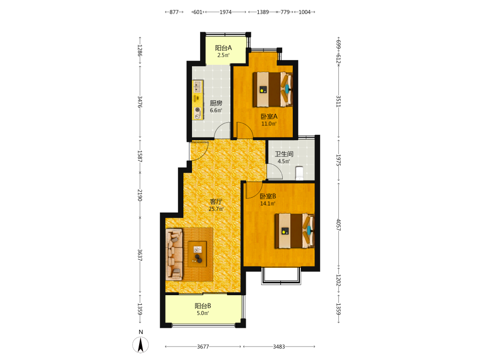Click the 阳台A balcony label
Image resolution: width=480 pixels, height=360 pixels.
(x=223, y=48)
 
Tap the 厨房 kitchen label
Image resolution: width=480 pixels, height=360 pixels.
(x=216, y=103)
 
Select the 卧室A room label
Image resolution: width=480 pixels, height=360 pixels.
(x=269, y=116)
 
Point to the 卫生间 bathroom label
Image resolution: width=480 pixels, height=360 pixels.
(x=284, y=154)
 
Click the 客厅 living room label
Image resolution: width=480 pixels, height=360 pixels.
(x=216, y=202)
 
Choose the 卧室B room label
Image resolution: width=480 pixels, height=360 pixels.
(x=268, y=196)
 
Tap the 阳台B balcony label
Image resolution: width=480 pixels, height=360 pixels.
(x=203, y=306)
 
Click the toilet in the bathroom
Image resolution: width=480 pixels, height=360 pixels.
(x=299, y=173)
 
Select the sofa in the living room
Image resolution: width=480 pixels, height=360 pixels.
(x=174, y=254)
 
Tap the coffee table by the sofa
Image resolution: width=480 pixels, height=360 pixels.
(x=197, y=254)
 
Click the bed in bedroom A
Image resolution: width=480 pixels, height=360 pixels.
(x=273, y=89)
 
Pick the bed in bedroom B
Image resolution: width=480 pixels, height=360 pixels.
(x=295, y=231)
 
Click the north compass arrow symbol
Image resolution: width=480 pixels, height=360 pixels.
(x=141, y=345)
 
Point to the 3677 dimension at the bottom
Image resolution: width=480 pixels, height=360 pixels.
(x=203, y=347)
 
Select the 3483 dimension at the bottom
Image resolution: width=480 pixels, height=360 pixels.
(x=279, y=347)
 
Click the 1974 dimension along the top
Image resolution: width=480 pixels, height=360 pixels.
(x=226, y=12)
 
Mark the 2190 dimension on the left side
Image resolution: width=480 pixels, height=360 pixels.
(x=140, y=195)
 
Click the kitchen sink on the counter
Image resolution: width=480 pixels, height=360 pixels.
(x=197, y=86)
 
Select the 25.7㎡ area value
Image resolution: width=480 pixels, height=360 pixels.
(x=216, y=209)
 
